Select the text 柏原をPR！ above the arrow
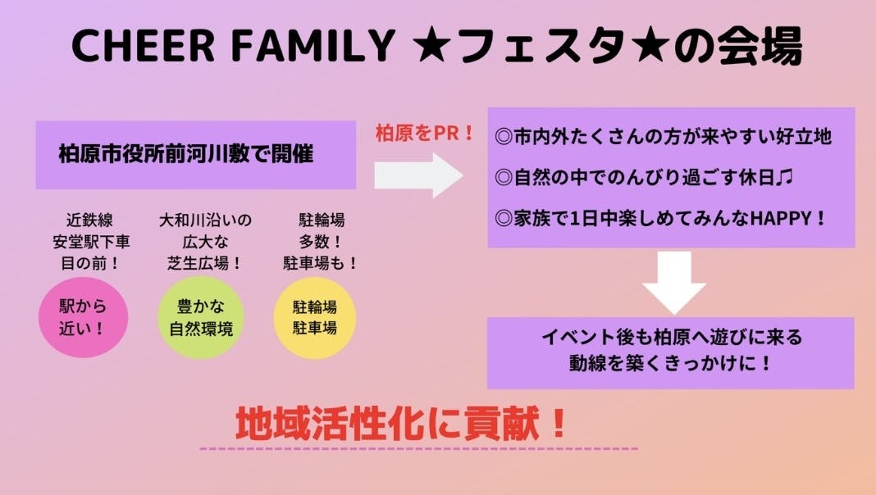(425, 134)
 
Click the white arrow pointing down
(673, 281)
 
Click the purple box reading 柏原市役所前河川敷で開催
(195, 155)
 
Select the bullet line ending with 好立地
(664, 137)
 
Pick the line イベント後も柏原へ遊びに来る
(671, 338)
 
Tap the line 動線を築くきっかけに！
(671, 362)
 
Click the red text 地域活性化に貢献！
(401, 424)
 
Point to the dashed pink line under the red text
(418, 449)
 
